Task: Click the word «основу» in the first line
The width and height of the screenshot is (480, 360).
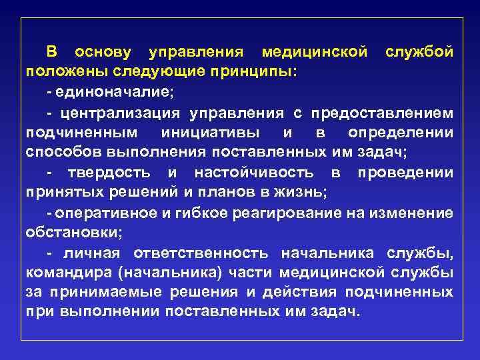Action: pos(103,52)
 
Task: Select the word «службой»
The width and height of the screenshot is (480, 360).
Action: pos(420,52)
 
